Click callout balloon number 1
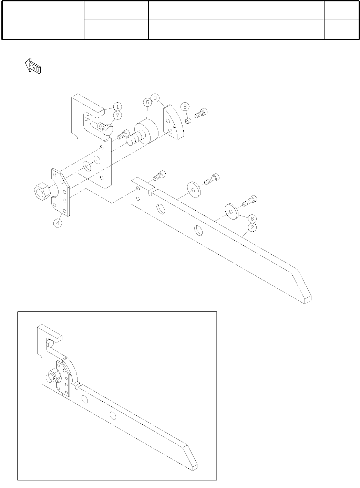point(117,106)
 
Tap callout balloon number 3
point(156,98)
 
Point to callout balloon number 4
point(58,223)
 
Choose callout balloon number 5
point(147,102)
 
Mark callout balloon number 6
point(252,219)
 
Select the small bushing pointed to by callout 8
point(188,120)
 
